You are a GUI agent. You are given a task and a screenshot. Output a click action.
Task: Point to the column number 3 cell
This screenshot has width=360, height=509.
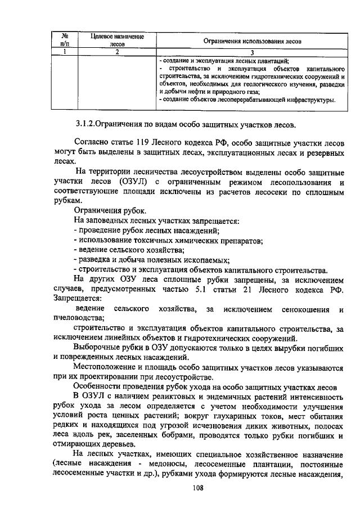click(252, 52)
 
